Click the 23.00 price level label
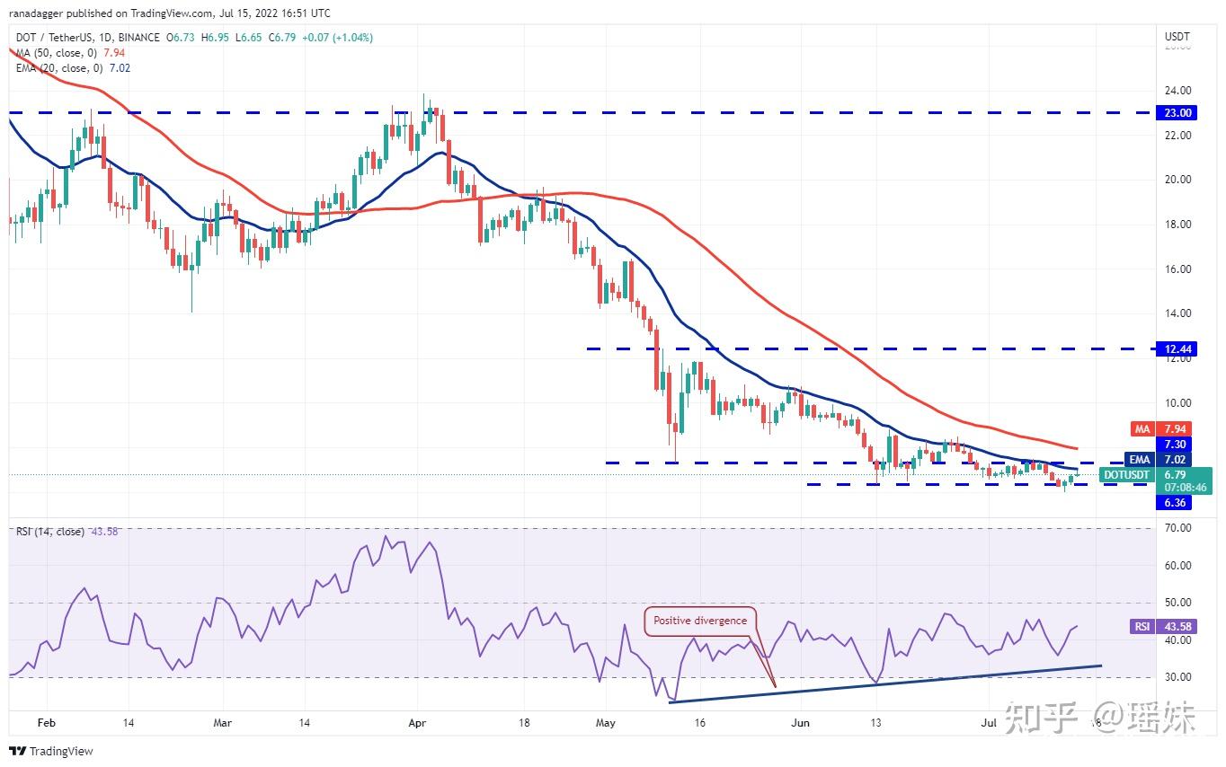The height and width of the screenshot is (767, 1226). pyautogui.click(x=1177, y=113)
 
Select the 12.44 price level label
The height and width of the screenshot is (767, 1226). pyautogui.click(x=1177, y=348)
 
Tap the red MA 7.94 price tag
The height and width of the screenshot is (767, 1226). pyautogui.click(x=1177, y=429)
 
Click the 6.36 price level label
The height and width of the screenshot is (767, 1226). pyautogui.click(x=1177, y=503)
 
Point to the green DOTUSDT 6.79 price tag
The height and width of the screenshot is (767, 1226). pyautogui.click(x=1156, y=474)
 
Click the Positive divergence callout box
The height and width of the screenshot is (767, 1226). pyautogui.click(x=699, y=621)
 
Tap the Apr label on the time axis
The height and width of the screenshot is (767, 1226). pyautogui.click(x=415, y=722)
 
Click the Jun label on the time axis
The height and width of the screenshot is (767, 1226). pyautogui.click(x=802, y=722)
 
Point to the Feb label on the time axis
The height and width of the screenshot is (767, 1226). pyautogui.click(x=47, y=722)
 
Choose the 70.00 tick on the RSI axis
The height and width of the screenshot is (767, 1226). pyautogui.click(x=1177, y=528)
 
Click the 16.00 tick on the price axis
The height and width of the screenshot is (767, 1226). pyautogui.click(x=1177, y=269)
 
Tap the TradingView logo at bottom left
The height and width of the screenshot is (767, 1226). pyautogui.click(x=51, y=751)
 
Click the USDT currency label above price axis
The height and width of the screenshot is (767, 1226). pyautogui.click(x=1177, y=37)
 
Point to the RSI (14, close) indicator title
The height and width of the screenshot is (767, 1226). pyautogui.click(x=50, y=532)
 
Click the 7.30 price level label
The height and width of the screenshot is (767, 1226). pyautogui.click(x=1177, y=445)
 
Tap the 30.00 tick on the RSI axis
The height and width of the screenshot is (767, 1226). pyautogui.click(x=1177, y=677)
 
